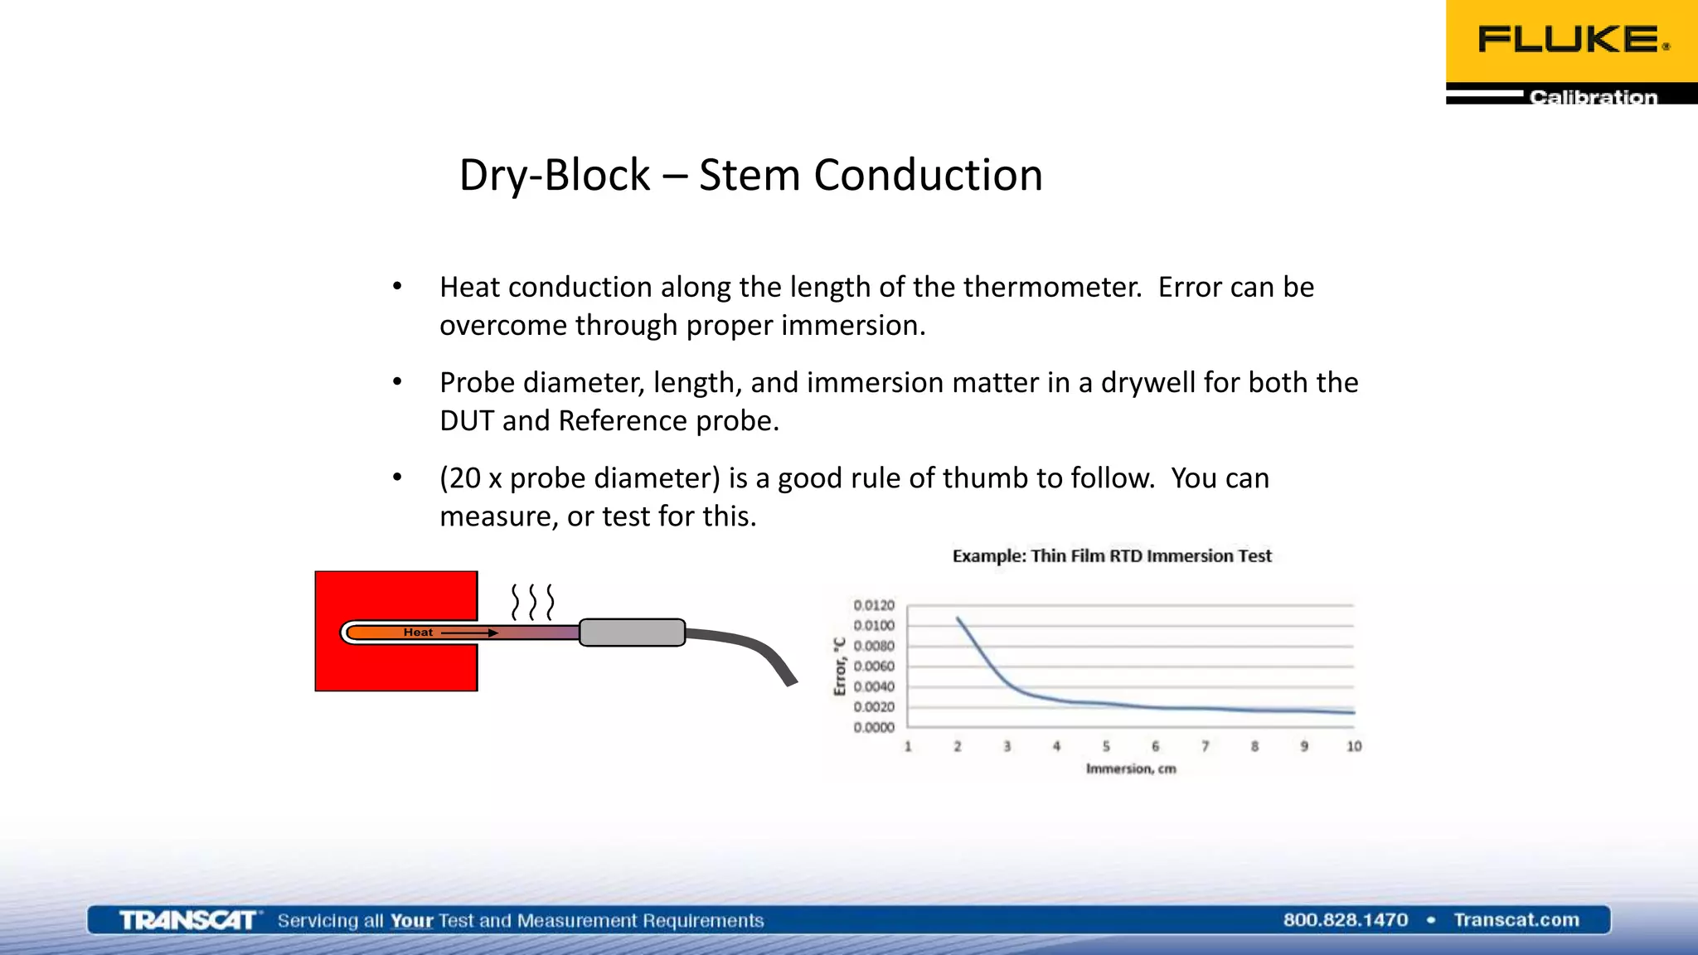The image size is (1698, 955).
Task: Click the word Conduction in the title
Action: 928,175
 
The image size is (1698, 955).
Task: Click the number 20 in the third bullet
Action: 466,478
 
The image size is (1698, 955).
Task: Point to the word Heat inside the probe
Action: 418,633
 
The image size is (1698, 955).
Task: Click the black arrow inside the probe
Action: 468,633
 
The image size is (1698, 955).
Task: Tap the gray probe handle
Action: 632,633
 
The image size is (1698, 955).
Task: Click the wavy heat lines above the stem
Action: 531,602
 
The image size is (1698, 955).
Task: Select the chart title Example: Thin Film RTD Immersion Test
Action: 1111,556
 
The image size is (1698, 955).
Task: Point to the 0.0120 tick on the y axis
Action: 873,606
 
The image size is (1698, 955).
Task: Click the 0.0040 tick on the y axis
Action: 873,686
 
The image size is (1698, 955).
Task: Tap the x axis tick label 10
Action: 1353,747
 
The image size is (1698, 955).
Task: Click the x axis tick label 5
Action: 1105,747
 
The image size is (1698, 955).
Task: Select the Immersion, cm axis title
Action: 1130,769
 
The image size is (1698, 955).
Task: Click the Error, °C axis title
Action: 839,667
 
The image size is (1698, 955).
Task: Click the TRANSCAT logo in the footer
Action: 187,920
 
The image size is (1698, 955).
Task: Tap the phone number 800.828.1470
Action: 1345,920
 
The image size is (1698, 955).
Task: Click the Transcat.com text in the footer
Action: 1516,920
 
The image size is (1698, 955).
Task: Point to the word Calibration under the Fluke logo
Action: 1593,97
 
